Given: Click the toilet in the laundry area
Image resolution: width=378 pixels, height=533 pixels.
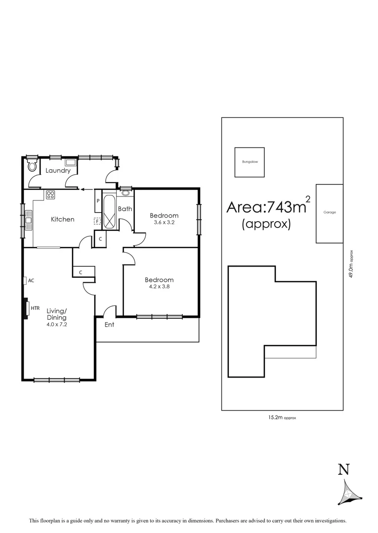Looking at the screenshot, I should click(33, 165).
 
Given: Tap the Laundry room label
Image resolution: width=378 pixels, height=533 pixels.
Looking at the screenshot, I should click(58, 171).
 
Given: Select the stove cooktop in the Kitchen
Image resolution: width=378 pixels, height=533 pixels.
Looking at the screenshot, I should click(50, 195).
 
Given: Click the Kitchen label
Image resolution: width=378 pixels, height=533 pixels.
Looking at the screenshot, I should click(63, 219).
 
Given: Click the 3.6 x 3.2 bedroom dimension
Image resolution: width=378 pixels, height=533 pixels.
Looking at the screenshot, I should click(164, 223).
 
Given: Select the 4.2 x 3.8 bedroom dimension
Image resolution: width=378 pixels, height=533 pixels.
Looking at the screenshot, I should click(159, 287).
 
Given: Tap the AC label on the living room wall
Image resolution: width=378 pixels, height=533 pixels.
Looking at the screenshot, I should click(31, 280).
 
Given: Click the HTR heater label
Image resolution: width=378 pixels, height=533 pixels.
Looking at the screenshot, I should click(35, 308).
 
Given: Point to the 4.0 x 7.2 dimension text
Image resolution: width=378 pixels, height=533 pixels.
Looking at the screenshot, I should click(57, 325).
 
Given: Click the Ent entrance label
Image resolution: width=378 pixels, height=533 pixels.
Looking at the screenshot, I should click(109, 324).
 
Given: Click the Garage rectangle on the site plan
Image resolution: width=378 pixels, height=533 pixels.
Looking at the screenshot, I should click(330, 213).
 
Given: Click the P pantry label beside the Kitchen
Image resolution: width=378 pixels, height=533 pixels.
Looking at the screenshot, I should click(98, 201).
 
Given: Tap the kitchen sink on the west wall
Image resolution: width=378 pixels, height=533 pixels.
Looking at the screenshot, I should click(29, 220).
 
